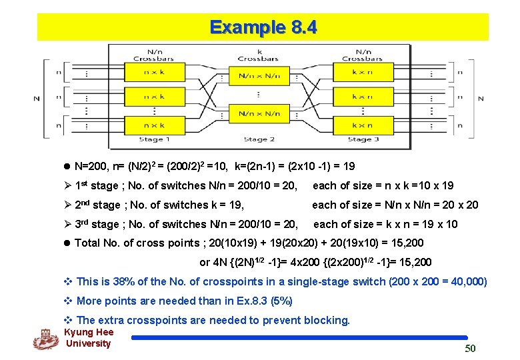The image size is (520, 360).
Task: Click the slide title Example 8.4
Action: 263,27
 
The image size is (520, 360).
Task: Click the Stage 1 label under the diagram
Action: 155,139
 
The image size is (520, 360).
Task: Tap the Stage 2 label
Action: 259,139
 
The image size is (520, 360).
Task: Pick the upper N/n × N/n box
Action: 259,76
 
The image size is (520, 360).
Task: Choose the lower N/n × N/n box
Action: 259,114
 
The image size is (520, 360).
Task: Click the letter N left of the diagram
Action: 37,99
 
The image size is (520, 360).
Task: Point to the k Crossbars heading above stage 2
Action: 259,55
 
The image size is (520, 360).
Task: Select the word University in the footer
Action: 88,344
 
